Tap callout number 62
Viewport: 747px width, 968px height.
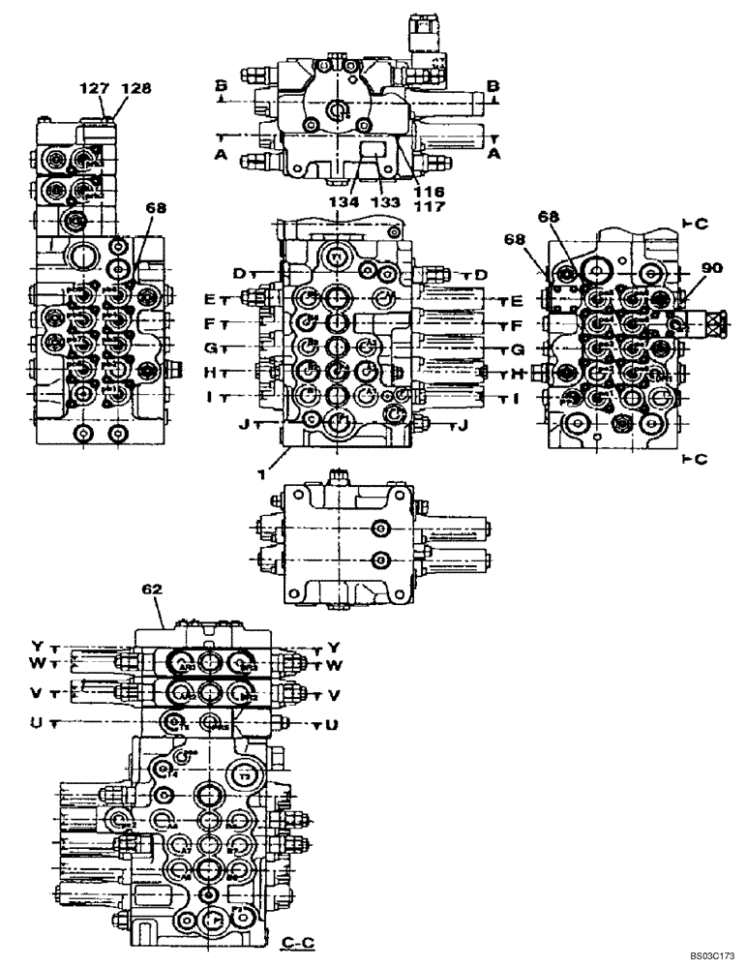[153, 588]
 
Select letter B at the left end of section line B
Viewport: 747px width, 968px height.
[223, 86]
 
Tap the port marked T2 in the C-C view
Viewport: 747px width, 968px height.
[246, 777]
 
